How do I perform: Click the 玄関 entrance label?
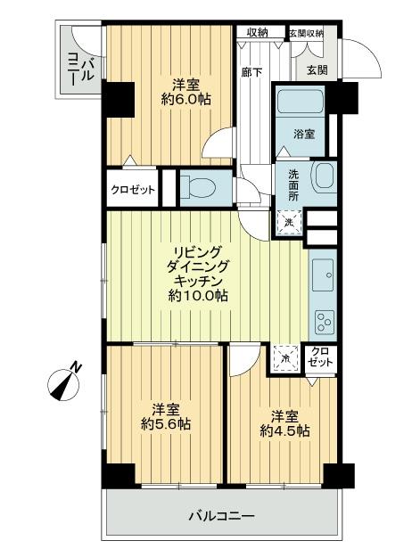pos(317,70)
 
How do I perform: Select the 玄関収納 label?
pos(305,34)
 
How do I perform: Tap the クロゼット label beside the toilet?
pos(133,189)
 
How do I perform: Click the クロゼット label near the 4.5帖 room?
pos(318,358)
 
